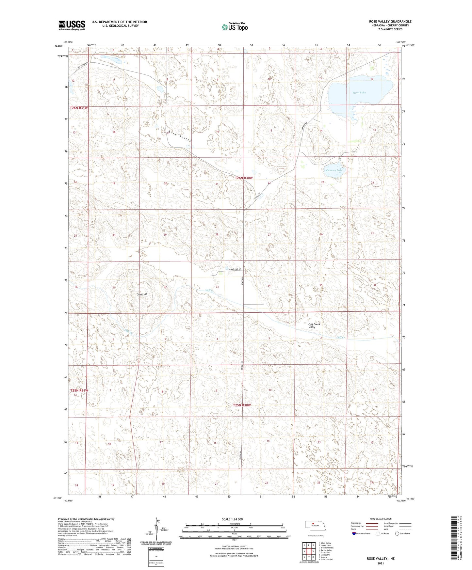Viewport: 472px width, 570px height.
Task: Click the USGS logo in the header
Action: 72,25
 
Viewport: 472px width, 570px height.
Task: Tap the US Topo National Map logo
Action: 234,27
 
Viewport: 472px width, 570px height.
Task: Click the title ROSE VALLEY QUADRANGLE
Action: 388,22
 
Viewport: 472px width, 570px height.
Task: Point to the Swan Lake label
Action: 359,93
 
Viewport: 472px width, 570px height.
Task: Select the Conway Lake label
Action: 334,170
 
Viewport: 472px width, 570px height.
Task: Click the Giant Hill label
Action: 142,294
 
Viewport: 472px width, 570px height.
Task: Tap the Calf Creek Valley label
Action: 314,326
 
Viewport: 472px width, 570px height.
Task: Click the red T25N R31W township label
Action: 79,390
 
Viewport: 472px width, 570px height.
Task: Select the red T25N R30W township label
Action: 242,405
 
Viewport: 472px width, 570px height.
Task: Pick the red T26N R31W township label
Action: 79,108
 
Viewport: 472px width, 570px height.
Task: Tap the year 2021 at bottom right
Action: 381,563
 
